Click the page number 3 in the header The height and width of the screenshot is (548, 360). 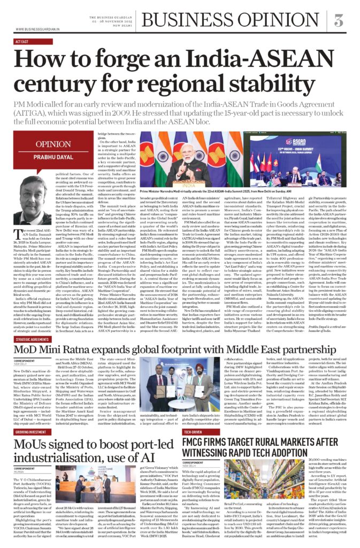coord(339,21)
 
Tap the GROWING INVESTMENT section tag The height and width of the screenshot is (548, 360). coord(30,431)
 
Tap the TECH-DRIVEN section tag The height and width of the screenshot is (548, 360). coord(193,431)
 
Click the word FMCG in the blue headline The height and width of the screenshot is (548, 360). coord(201,442)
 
